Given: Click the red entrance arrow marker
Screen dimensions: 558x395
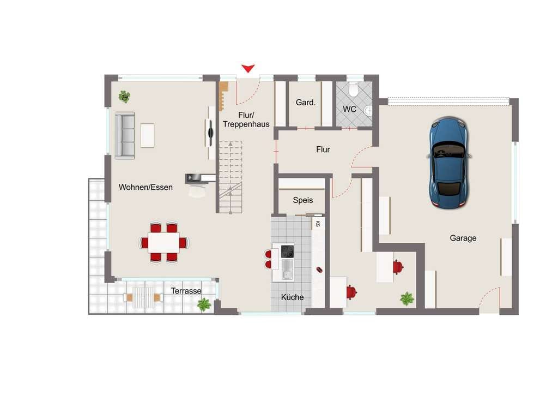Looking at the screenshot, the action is pos(248,68).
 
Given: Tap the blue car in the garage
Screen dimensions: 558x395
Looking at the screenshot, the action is pos(449,163).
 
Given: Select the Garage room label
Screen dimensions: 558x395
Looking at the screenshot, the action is pos(463,238).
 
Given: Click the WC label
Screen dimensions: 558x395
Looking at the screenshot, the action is pos(349,109).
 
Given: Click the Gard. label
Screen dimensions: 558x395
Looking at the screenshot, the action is pos(306,103).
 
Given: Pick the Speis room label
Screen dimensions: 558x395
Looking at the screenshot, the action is pos(303,200).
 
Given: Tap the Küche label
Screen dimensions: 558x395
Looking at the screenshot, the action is pos(292,297).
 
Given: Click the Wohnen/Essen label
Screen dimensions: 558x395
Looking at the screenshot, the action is pos(145,187).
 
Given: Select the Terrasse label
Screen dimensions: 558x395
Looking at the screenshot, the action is pos(186,291).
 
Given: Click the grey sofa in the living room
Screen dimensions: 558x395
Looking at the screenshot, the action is pos(125,135).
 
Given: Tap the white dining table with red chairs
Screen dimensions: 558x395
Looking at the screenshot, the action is pos(163,243).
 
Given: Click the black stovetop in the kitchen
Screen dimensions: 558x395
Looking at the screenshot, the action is pos(288,252).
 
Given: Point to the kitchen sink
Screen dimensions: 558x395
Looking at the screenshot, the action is pos(288,270).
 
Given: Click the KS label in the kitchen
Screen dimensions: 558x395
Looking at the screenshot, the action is pos(318,224).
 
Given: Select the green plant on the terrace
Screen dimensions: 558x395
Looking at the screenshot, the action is pos(204,304).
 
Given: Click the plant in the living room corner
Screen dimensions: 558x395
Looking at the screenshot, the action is pos(124,96).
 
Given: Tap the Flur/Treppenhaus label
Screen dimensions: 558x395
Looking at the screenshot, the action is pos(246,119).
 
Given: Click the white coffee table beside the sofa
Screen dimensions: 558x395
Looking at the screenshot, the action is pos(147,135).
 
